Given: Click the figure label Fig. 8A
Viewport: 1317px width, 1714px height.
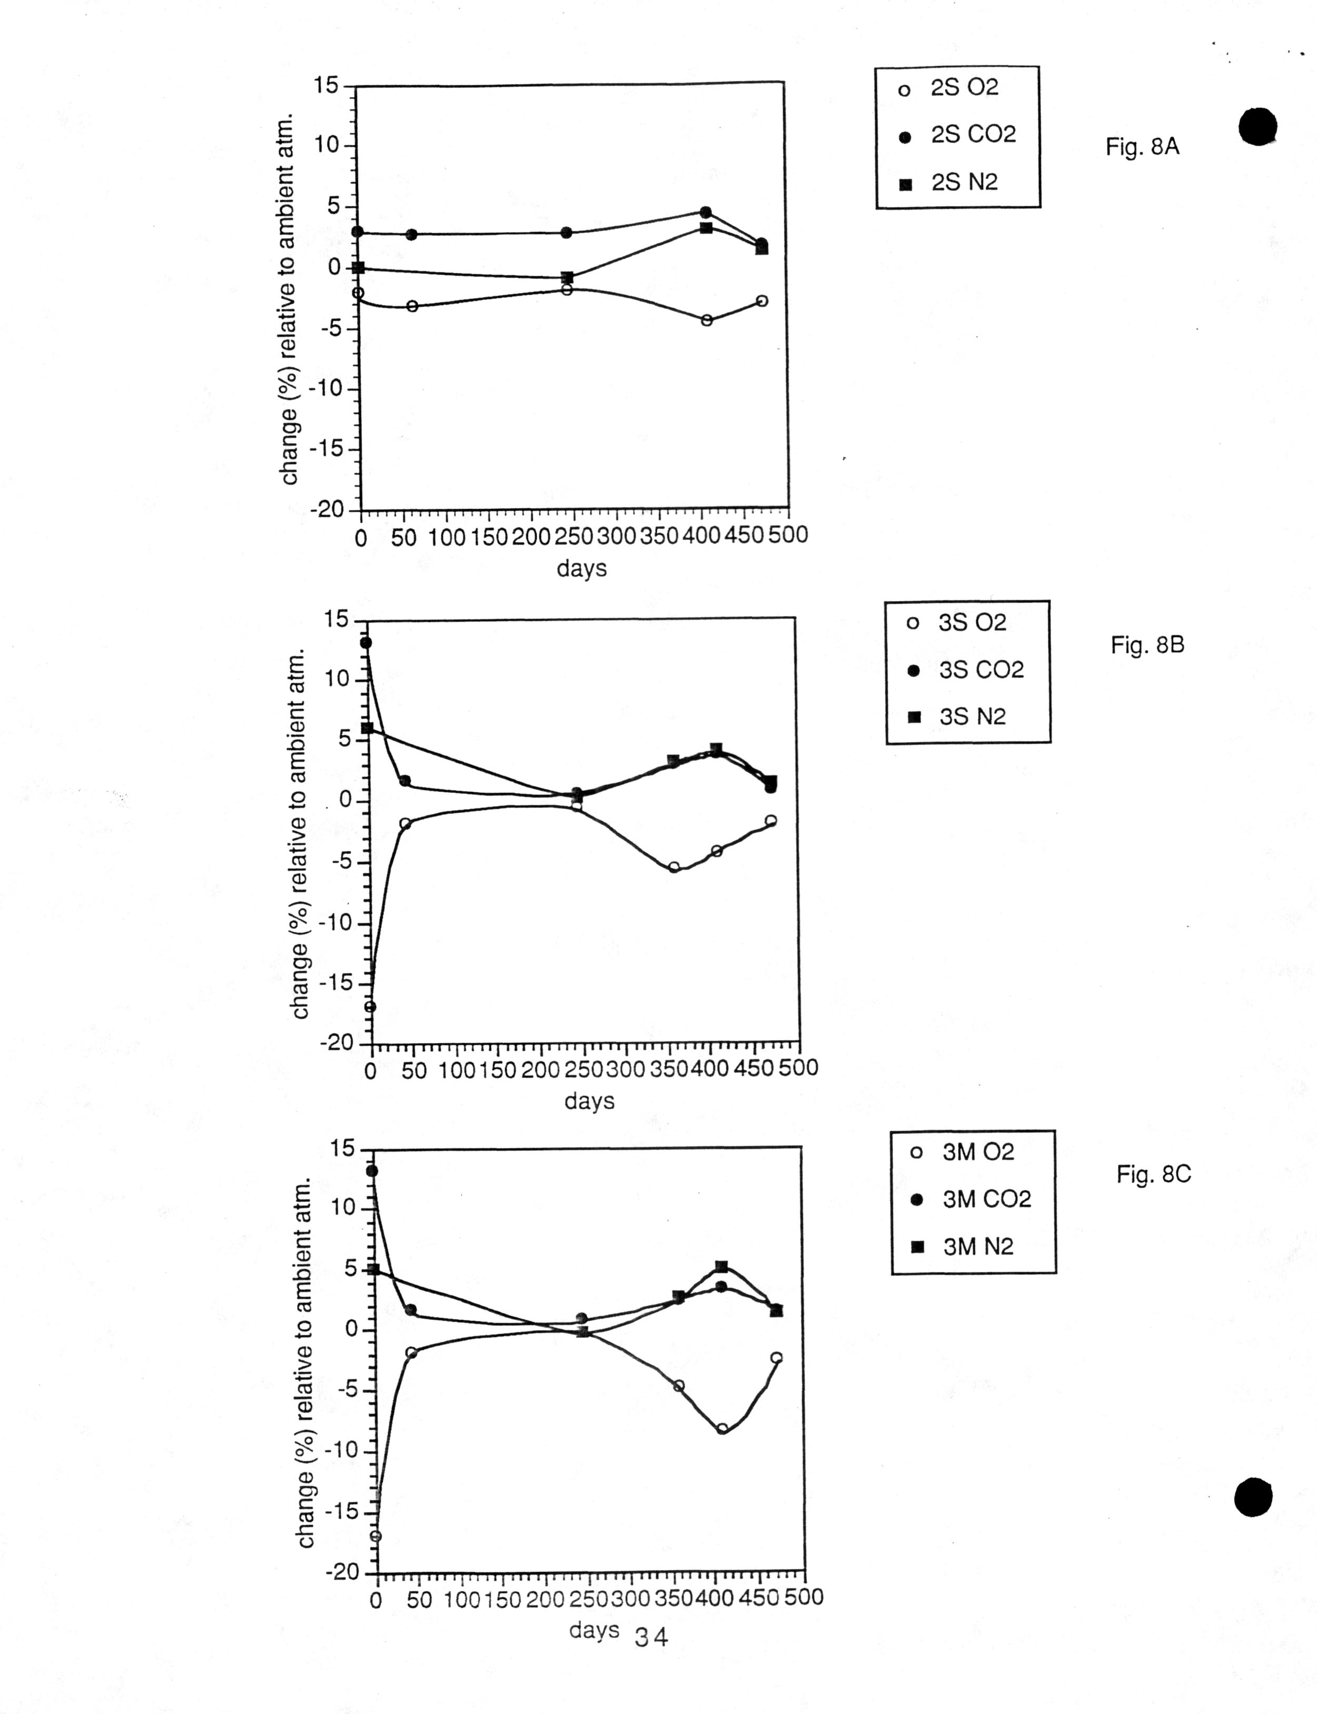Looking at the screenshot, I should [1142, 146].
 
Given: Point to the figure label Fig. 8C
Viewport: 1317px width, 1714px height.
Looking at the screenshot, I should [1153, 1174].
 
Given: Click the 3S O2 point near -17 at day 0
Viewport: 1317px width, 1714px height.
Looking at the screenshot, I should [370, 1007].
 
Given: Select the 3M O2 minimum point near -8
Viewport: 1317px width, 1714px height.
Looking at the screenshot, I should [722, 1428].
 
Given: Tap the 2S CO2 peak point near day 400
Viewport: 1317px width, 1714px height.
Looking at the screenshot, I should [706, 212].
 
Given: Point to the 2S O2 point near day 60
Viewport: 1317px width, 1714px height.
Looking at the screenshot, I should [412, 306].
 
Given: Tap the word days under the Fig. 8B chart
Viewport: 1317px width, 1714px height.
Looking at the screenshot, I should [589, 1101].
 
